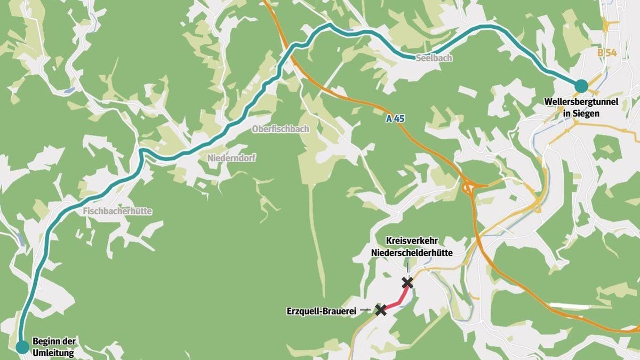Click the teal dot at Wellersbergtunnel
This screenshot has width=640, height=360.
click(581, 85)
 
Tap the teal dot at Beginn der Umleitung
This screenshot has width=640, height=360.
click(22, 347)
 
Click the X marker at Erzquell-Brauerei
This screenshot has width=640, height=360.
click(381, 310)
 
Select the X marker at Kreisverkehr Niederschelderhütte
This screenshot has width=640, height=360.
click(407, 283)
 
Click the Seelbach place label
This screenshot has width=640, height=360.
click(434, 58)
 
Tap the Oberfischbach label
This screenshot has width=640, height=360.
click(280, 129)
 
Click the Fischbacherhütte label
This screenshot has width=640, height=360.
click(117, 211)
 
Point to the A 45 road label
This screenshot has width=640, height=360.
click(395, 119)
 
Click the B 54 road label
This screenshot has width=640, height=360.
click(607, 52)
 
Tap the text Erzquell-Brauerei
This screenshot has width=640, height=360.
click(323, 310)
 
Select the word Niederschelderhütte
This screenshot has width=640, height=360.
click(412, 253)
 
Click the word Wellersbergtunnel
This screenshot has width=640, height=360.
click(581, 102)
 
